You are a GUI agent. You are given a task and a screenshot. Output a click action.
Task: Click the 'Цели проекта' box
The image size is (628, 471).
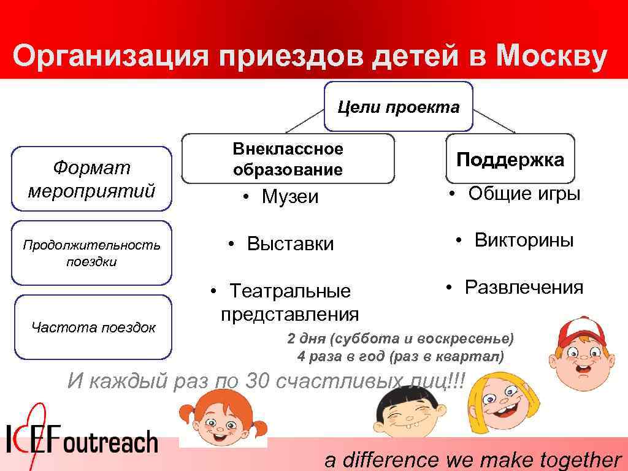point(398,107)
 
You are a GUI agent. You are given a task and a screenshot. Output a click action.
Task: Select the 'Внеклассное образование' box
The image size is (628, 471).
point(288,159)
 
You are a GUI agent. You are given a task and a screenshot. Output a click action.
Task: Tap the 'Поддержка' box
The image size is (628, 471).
point(510,159)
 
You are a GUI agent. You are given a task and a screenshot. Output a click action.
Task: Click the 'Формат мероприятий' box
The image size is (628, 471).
point(91,178)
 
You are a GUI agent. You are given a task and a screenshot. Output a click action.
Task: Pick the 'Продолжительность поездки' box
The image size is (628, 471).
point(91,253)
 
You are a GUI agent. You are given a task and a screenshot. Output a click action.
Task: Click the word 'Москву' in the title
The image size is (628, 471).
point(552,57)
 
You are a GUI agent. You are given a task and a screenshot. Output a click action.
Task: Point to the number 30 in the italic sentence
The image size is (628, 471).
point(257,381)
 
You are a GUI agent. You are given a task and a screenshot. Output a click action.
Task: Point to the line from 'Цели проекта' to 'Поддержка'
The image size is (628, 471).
point(494,121)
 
